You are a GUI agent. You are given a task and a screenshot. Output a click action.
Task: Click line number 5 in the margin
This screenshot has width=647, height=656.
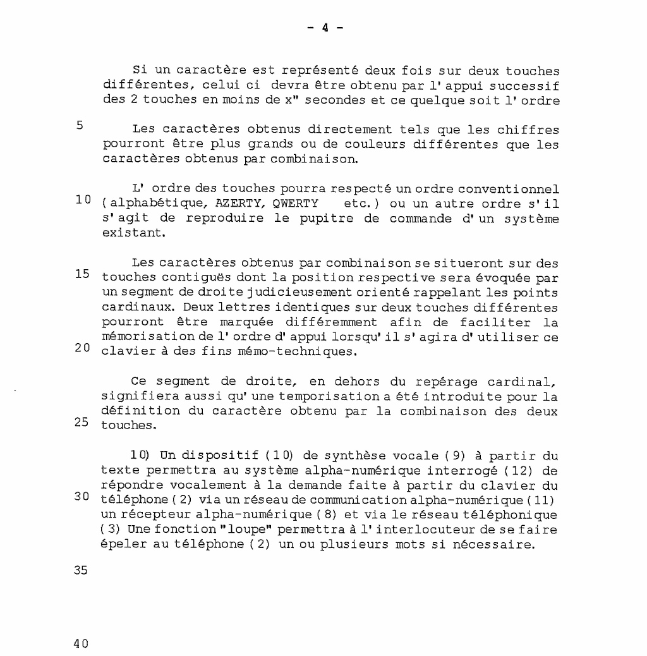80,125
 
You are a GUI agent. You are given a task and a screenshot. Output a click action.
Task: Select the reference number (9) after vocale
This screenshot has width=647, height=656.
456,456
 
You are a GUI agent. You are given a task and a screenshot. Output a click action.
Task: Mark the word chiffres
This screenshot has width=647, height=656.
529,130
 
